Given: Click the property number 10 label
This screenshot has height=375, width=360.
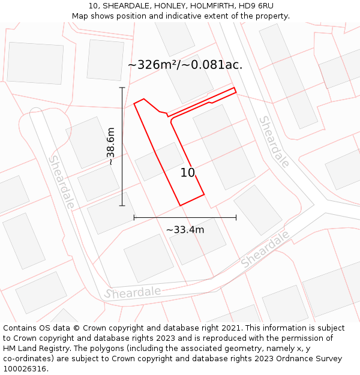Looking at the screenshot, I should tap(188, 173).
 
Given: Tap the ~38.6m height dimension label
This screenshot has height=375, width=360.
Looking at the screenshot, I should tap(110, 146).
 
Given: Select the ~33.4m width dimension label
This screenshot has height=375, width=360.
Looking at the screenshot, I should tap(185, 230).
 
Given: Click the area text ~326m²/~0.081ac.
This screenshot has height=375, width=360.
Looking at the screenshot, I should tap(185, 65).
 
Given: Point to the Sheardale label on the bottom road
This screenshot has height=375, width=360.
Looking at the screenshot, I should tap(133, 293).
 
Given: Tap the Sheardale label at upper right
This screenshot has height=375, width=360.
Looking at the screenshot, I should tap(274, 141).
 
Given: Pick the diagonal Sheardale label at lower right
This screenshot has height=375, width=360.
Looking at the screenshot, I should tap(265, 248).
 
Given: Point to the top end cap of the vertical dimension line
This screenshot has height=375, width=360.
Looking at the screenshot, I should tap(122, 88).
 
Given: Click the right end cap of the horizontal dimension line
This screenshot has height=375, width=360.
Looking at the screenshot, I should tap(236, 217).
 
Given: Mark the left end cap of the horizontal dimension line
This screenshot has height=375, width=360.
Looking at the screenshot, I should tap(134, 217).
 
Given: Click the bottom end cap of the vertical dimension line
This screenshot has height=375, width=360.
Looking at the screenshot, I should tap(122, 206).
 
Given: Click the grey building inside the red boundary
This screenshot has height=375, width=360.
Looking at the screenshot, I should tap(160, 161).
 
